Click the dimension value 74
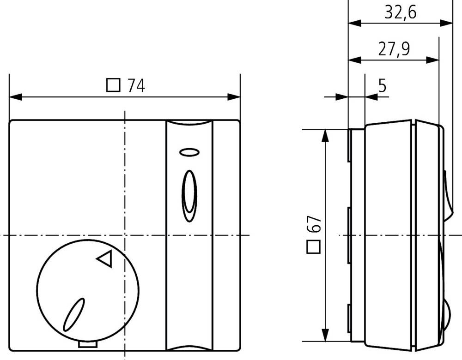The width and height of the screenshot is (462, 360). (136, 85)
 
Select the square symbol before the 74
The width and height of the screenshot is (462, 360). (113, 85)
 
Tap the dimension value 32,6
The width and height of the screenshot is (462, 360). (400, 12)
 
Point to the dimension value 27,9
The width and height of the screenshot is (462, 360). (394, 49)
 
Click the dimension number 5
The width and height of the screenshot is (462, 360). (382, 85)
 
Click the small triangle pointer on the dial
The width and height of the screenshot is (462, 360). (105, 259)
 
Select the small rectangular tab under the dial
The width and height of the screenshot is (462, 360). (88, 344)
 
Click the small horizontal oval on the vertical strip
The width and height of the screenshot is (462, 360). (188, 152)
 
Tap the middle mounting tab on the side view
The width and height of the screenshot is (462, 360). (349, 235)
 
